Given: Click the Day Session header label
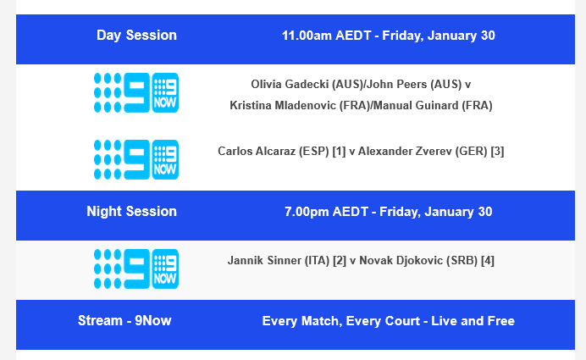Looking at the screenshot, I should tap(136, 36).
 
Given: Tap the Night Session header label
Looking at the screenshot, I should tap(131, 212).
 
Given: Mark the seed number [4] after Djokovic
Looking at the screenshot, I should tap(488, 261).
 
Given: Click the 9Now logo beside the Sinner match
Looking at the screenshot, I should tap(135, 269).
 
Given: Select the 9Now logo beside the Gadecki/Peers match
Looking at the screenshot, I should tap(135, 93).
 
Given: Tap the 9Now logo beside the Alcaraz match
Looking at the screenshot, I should tap(135, 159).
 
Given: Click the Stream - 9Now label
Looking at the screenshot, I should tap(124, 321).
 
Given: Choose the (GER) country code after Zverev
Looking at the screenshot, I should tap(471, 152).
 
